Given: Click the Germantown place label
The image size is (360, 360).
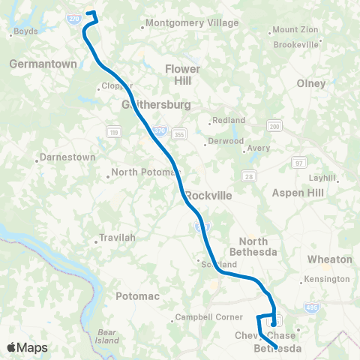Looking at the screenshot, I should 43,64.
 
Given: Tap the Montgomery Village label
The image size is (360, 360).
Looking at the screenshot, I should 192,23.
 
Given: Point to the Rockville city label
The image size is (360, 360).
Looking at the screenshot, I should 208,195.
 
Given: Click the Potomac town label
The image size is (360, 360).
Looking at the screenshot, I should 137,296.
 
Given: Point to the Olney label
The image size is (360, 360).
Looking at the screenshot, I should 312,83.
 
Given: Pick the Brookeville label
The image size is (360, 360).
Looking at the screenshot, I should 296,45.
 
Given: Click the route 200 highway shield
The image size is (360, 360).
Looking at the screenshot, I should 276,127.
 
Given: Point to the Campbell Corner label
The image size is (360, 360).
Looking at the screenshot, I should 204,317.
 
